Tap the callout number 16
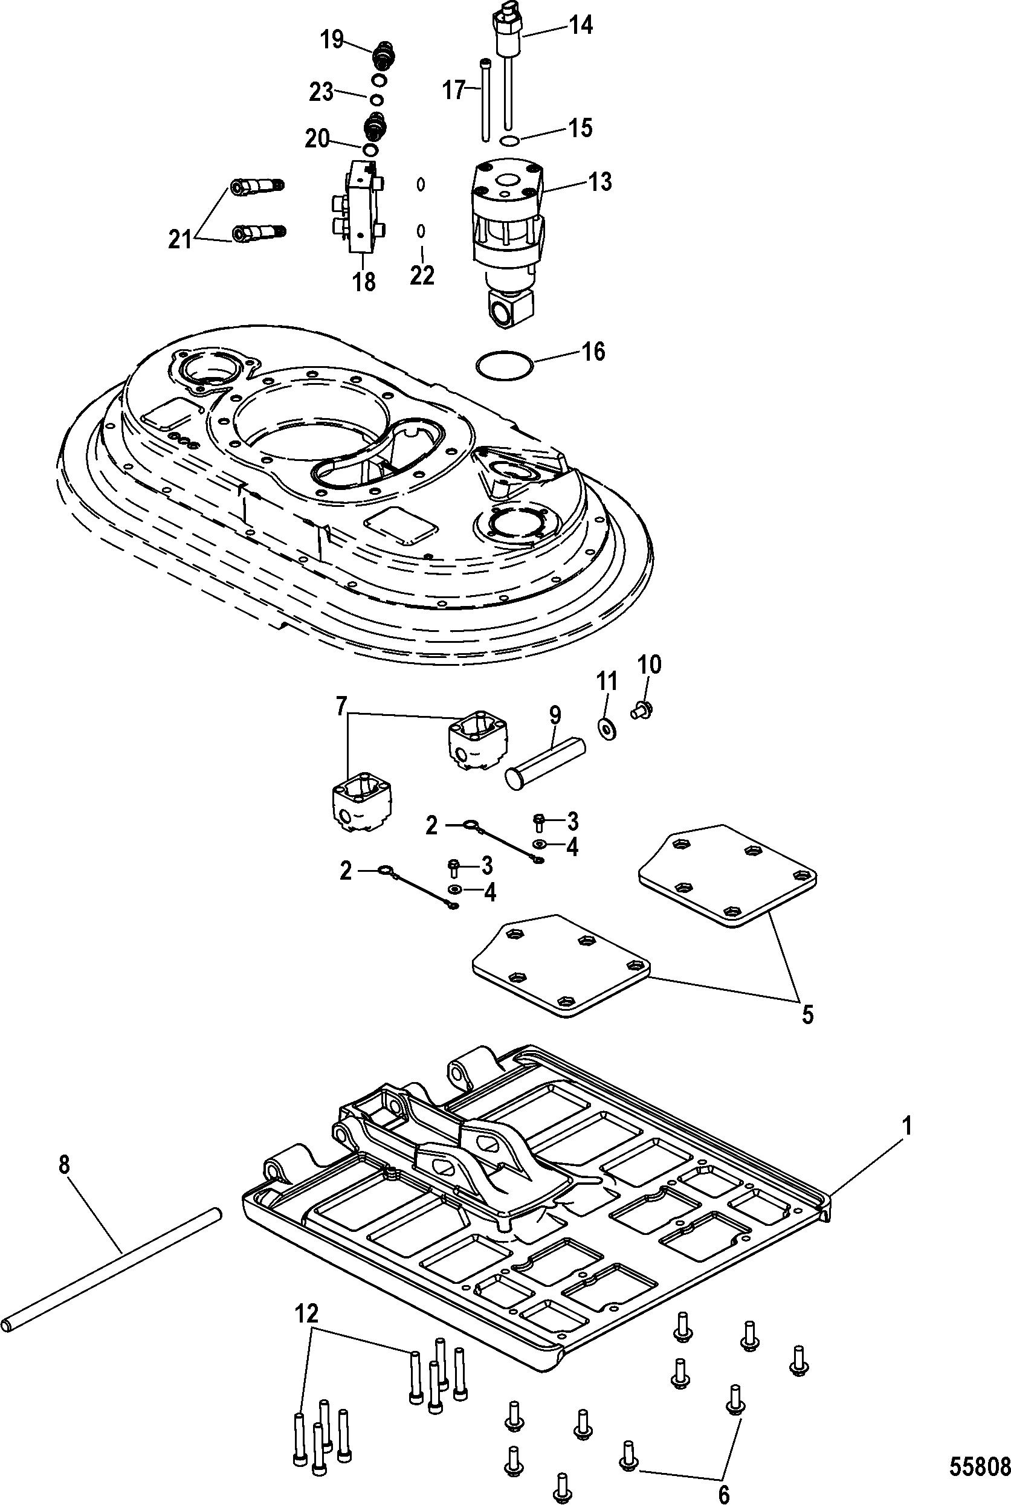[593, 351]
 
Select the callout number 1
[906, 1126]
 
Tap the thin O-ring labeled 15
[509, 141]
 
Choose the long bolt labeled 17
[485, 99]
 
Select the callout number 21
[181, 240]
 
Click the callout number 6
[723, 1475]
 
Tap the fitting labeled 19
[383, 56]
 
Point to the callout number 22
[422, 276]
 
